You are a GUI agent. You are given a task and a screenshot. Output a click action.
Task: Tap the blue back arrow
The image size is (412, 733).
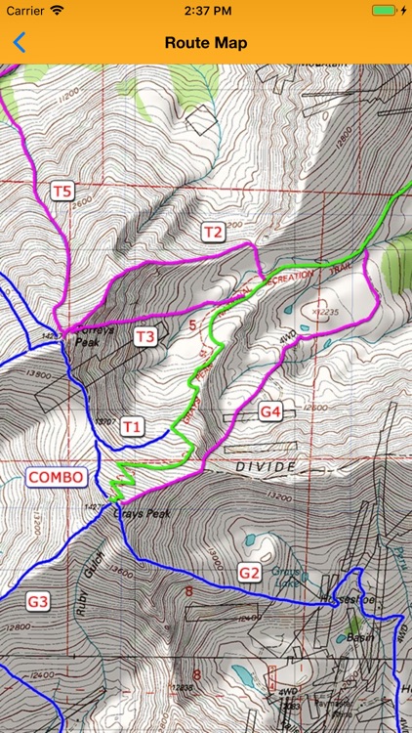click(19, 42)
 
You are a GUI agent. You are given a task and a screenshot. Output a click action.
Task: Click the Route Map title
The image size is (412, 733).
click(205, 43)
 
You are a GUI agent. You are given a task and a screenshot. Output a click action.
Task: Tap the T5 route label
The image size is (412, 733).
click(62, 191)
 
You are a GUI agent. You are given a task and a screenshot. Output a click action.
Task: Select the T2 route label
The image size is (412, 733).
click(212, 232)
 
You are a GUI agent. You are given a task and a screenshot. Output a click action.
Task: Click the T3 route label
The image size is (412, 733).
click(144, 337)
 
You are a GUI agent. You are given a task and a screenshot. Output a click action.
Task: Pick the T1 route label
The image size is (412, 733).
click(132, 426)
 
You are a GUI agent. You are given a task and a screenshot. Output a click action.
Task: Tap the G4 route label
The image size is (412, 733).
click(270, 412)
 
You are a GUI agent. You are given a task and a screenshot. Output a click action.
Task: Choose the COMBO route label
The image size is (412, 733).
click(56, 477)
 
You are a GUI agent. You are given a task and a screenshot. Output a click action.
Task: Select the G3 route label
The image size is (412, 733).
click(37, 602)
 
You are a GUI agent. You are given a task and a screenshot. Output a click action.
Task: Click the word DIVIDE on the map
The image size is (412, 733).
click(264, 468)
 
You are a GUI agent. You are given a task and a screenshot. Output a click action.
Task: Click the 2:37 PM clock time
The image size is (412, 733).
click(205, 10)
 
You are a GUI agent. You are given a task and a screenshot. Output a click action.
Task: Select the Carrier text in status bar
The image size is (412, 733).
click(25, 10)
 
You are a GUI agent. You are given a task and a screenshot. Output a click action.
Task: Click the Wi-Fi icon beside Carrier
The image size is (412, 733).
click(57, 10)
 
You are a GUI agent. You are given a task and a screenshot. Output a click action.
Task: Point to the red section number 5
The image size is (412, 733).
click(192, 324)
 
